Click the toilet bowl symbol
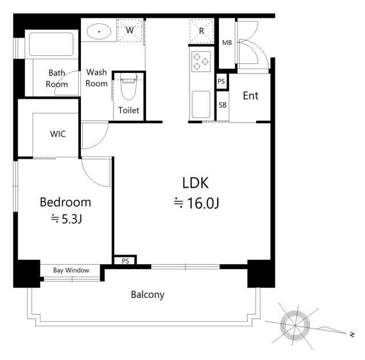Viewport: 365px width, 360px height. tap(128, 87)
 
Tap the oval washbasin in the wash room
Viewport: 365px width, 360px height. tap(99, 31)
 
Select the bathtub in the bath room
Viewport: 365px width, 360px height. tap(51, 45)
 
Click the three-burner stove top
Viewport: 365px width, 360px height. tap(201, 62)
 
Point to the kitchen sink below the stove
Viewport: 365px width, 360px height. tap(201, 104)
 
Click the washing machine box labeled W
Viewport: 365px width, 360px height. tap(130, 30)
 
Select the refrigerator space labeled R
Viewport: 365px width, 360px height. tap(201, 31)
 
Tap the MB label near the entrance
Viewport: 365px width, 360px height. tap(227, 43)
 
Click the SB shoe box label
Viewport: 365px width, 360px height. tap(222, 105)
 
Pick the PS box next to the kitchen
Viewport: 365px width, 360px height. tap(221, 81)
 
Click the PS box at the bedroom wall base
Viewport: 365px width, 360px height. tap(125, 261)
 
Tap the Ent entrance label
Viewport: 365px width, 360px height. tap(250, 96)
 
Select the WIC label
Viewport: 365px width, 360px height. tap(58, 134)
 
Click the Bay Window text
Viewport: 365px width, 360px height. tap(71, 270)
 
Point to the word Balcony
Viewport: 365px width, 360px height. tap(148, 295)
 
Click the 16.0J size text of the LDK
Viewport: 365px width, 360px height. tap(203, 203)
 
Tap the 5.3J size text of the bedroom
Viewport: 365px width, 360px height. tap(72, 219)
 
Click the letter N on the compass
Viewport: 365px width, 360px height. tap(352, 335)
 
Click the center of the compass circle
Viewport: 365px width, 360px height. tap(295, 325)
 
